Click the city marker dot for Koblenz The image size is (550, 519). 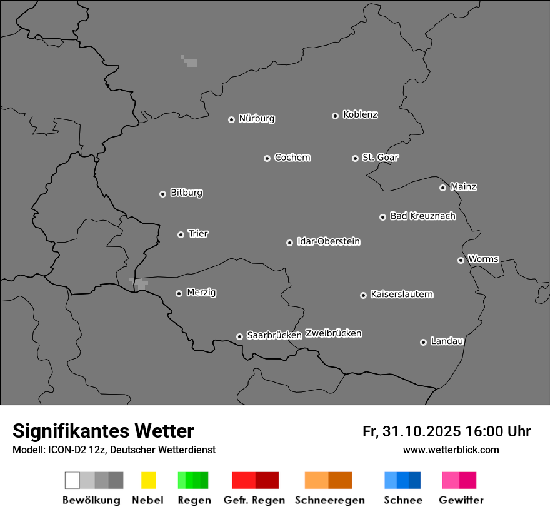[x=335, y=116]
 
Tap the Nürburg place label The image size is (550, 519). [x=257, y=118]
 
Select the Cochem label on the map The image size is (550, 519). [x=292, y=158]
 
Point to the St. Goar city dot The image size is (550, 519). [x=355, y=158]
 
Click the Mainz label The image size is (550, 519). [x=463, y=186]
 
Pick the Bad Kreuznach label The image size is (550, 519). [x=422, y=216]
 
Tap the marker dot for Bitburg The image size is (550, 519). [x=162, y=194]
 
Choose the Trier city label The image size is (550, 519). [x=198, y=234]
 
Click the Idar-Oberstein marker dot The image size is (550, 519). [x=289, y=243]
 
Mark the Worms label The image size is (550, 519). [x=483, y=259]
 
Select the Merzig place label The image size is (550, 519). [x=201, y=293]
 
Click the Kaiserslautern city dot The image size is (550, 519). [x=363, y=295]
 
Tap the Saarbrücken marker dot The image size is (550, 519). [x=239, y=336]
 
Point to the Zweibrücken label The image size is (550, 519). [x=333, y=333]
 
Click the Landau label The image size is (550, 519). [x=447, y=341]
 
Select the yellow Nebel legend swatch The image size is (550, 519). [x=148, y=480]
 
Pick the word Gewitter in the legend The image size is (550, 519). [x=461, y=500]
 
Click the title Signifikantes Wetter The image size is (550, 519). [x=103, y=431]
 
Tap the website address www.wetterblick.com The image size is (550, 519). [x=451, y=450]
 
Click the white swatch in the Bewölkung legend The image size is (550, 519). [x=72, y=480]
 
